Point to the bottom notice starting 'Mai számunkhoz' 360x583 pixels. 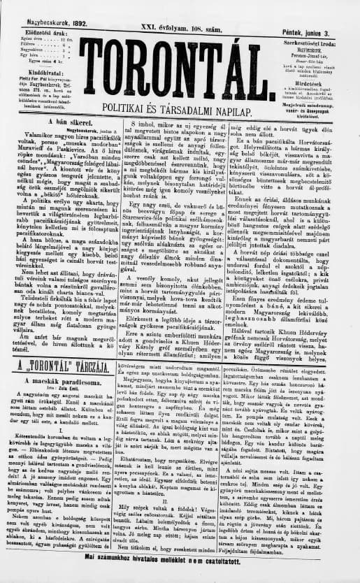pyautogui.click(x=179, y=577)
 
